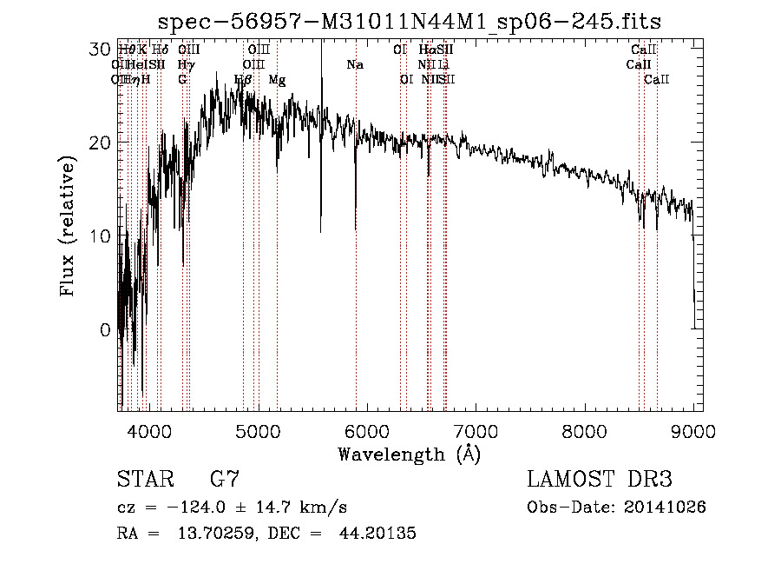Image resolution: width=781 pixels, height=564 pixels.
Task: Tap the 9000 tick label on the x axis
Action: pos(693,430)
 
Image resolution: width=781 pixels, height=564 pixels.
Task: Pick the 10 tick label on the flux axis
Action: pos(102,236)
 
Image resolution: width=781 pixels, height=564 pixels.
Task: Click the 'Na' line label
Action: pos(354,65)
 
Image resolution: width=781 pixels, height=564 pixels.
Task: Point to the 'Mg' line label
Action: pos(277,80)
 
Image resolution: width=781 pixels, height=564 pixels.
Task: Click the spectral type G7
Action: pos(225,479)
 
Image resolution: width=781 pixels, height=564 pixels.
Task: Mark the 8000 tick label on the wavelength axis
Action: pos(584,430)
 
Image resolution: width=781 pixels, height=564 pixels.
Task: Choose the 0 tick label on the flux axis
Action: pos(106,330)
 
